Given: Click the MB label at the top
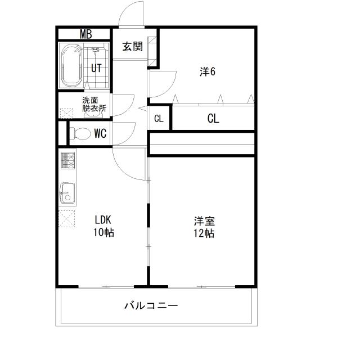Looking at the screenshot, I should click(x=85, y=34).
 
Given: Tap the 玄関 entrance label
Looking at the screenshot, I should click(x=132, y=47).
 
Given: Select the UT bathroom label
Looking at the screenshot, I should click(x=97, y=68).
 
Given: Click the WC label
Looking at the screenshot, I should click(x=101, y=133).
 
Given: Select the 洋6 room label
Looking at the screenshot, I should click(x=208, y=71).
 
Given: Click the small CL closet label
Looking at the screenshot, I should click(x=159, y=119).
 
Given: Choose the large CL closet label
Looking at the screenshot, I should click(x=213, y=119).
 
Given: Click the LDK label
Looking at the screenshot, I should click(x=103, y=220).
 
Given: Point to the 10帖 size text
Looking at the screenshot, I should click(x=103, y=232).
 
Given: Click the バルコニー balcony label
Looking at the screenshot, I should click(x=150, y=306).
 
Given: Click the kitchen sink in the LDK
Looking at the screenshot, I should click(x=67, y=193).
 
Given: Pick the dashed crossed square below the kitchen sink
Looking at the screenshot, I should click(x=67, y=217).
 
